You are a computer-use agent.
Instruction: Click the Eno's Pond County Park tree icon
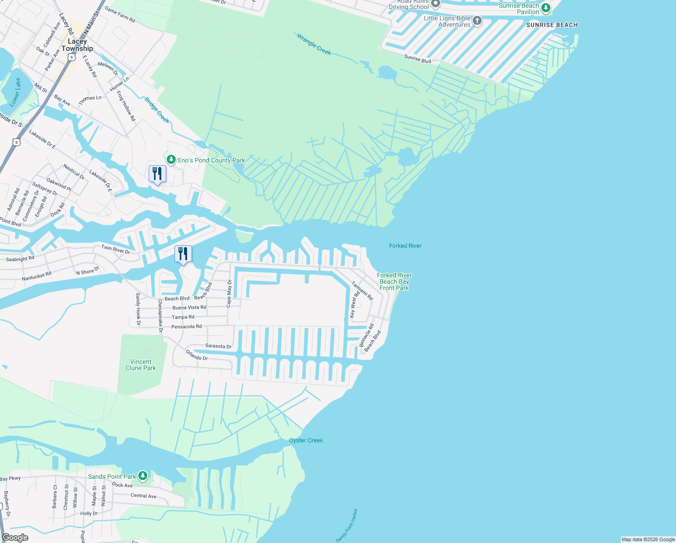pyautogui.click(x=171, y=160)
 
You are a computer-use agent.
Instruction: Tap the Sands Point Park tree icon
pyautogui.click(x=143, y=476)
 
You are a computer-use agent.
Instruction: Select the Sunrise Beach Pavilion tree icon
pyautogui.click(x=546, y=8)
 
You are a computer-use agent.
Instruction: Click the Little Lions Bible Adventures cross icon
pyautogui.click(x=477, y=21)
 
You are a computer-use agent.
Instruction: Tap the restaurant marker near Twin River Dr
pyautogui.click(x=183, y=254)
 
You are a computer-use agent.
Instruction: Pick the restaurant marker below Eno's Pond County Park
pyautogui.click(x=157, y=174)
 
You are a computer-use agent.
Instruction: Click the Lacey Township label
pyautogui.click(x=77, y=45)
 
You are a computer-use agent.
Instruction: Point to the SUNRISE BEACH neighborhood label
pyautogui.click(x=552, y=25)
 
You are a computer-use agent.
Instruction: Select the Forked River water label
pyautogui.click(x=405, y=246)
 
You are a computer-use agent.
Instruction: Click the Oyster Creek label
pyautogui.click(x=306, y=440)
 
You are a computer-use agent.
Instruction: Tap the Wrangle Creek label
pyautogui.click(x=314, y=44)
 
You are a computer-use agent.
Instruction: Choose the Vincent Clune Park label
pyautogui.click(x=141, y=365)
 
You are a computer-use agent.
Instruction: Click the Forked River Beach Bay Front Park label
pyautogui.click(x=394, y=281)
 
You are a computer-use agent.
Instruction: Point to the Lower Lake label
pyautogui.click(x=15, y=92)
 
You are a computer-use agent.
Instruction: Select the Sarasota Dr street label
pyautogui.click(x=218, y=346)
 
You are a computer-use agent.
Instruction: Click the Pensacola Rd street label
pyautogui.click(x=186, y=327)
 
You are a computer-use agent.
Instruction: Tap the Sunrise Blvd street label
pyautogui.click(x=418, y=58)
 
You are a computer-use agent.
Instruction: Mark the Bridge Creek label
pyautogui.click(x=157, y=110)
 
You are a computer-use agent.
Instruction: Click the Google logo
pyautogui.click(x=15, y=538)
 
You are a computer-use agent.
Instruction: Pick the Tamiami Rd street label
pyautogui.click(x=362, y=291)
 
